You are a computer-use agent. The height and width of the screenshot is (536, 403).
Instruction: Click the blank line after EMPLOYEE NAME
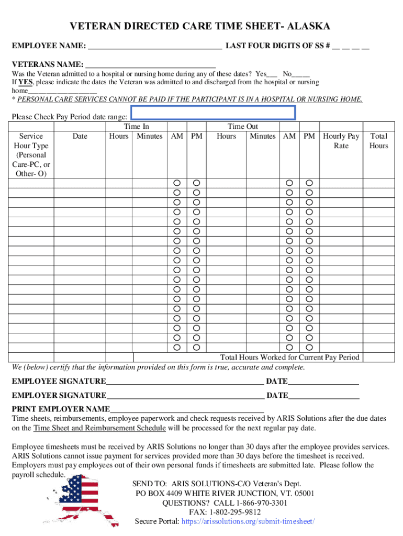pyautogui.click(x=155, y=46)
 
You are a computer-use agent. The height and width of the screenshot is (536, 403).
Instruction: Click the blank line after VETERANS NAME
pyautogui.click(x=151, y=64)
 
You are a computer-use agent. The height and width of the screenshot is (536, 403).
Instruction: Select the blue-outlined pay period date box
pyautogui.click(x=213, y=113)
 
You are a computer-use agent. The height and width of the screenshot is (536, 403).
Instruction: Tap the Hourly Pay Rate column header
pyautogui.click(x=341, y=141)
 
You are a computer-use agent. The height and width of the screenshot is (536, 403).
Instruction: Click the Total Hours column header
pyautogui.click(x=378, y=141)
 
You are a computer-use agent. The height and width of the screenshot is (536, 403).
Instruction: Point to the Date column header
pyautogui.click(x=80, y=136)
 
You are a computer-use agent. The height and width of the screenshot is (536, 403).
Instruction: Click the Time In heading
pyautogui.click(x=136, y=127)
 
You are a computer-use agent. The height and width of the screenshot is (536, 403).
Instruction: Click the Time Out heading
pyautogui.click(x=242, y=127)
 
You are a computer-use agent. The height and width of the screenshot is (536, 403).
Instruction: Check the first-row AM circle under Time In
pyautogui.click(x=177, y=183)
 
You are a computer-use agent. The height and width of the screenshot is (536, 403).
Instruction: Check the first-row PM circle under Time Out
pyautogui.click(x=309, y=183)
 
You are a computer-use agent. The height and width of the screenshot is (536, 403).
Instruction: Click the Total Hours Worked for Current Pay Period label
pyautogui.click(x=289, y=357)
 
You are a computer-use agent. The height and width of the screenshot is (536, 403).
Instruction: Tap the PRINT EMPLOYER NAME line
pyautogui.click(x=187, y=409)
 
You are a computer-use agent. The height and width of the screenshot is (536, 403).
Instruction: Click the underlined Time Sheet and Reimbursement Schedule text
pyautogui.click(x=99, y=428)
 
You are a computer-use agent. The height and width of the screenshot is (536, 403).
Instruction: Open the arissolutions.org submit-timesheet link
pyautogui.click(x=248, y=521)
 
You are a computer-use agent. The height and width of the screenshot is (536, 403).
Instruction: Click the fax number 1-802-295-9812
pyautogui.click(x=236, y=512)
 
